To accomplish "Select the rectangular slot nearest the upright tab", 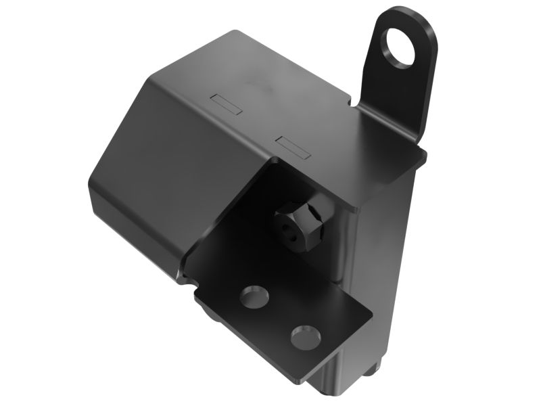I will click(293, 144).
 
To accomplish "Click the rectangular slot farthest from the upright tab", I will click(226, 104).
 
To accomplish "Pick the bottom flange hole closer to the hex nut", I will click(253, 298).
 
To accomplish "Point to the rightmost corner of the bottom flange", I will click(373, 315).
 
